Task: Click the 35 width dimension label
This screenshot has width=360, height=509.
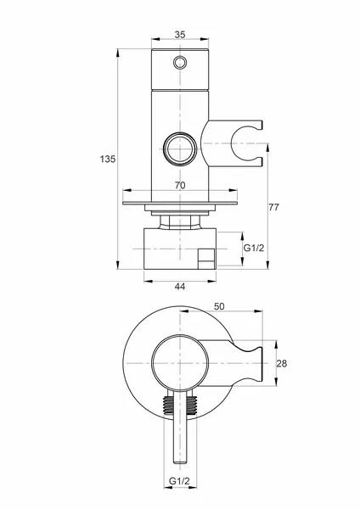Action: pyautogui.click(x=180, y=35)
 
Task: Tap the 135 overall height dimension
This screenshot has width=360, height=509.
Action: pyautogui.click(x=108, y=159)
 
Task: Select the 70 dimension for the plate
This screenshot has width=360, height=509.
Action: pyautogui.click(x=180, y=185)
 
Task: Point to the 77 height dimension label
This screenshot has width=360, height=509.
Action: pyautogui.click(x=274, y=207)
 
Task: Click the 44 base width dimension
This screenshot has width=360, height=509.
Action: pyautogui.click(x=180, y=287)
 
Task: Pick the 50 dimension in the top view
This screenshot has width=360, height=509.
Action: pyautogui.click(x=219, y=306)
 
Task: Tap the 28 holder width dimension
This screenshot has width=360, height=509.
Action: pyautogui.click(x=282, y=363)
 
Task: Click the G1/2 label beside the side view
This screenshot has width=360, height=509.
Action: pyautogui.click(x=254, y=248)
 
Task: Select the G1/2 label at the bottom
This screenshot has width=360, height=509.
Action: pyautogui.click(x=179, y=481)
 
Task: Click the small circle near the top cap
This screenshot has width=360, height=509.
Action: pyautogui.click(x=180, y=62)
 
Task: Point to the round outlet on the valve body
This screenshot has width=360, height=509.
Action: pyautogui.click(x=180, y=148)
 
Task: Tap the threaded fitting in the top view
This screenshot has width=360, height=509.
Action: pyautogui.click(x=180, y=406)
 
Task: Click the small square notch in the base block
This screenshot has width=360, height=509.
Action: pyautogui.click(x=206, y=259)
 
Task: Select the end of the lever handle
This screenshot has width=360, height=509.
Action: pyautogui.click(x=180, y=461)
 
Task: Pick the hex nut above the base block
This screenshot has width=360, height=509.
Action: pyautogui.click(x=180, y=222)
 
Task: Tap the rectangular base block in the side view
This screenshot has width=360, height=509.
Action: pyautogui.click(x=180, y=249)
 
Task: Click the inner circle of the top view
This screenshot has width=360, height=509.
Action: pyautogui.click(x=180, y=363)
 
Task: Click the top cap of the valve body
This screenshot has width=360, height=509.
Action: pyautogui.click(x=180, y=70)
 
